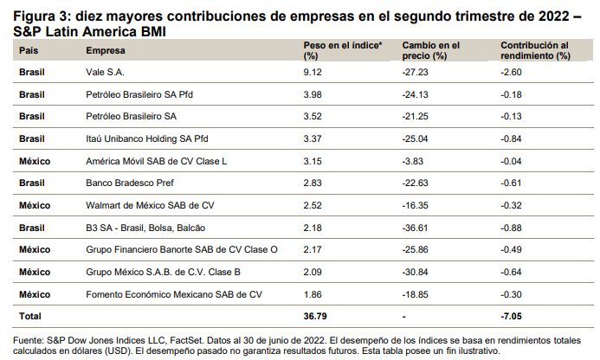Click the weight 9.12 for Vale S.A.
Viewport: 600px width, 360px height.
point(313,73)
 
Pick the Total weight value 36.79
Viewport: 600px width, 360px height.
point(315,317)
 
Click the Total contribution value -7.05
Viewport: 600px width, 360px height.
point(513,317)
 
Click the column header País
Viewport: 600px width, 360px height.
point(29,50)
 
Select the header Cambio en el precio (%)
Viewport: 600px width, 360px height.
point(431,49)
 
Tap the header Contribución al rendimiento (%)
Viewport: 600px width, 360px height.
point(535,49)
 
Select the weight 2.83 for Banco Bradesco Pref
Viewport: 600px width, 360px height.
point(313,182)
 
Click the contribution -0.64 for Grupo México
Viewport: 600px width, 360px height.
point(513,272)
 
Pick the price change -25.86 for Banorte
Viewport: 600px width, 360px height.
point(417,249)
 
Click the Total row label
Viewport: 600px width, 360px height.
point(30,317)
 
